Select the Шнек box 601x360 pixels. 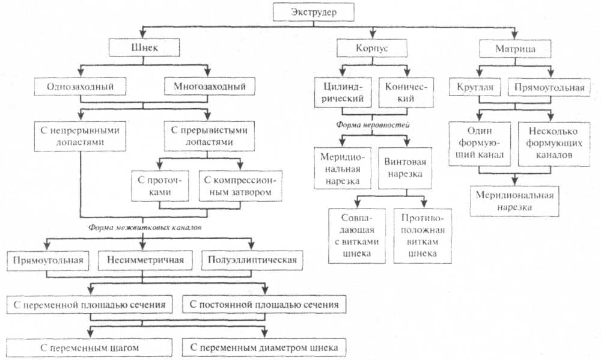(140, 48)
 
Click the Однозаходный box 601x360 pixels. (81, 87)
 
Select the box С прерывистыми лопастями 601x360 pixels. (206, 137)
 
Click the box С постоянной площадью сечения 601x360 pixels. (264, 305)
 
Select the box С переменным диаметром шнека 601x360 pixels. (264, 347)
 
